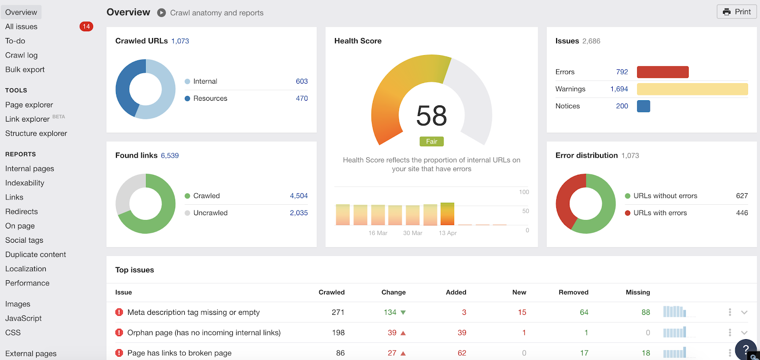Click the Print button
[x=737, y=12]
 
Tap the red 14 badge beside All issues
[x=86, y=27]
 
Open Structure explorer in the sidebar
[x=36, y=133]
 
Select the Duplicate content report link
[x=36, y=255]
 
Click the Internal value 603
[x=302, y=81]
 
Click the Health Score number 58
[x=431, y=116]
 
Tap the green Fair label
[x=431, y=142]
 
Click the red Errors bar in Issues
[x=662, y=72]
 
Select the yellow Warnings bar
[x=692, y=89]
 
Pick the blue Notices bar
[x=643, y=106]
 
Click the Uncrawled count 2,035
[x=298, y=213]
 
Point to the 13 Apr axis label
[x=447, y=233]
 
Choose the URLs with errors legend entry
[x=660, y=213]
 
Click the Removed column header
[x=573, y=293]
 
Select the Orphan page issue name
[x=204, y=333]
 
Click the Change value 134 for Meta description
[x=390, y=313]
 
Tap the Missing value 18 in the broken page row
[x=646, y=353]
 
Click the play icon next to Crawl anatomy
[x=161, y=13]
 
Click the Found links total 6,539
[x=170, y=156]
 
